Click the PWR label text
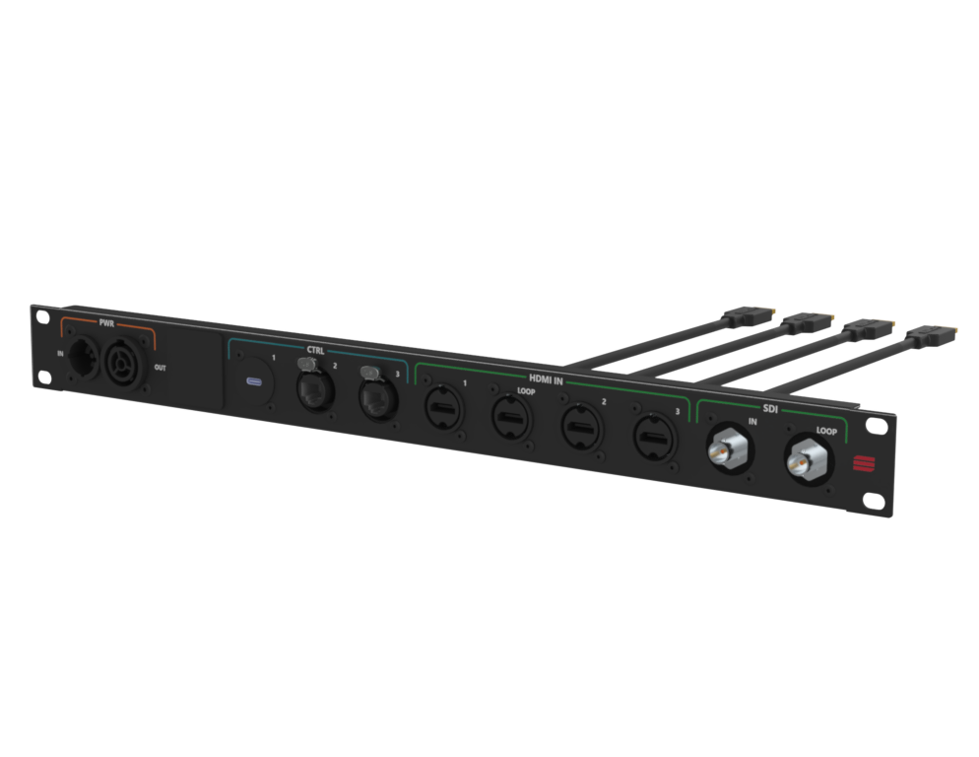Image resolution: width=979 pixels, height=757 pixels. pos(106,323)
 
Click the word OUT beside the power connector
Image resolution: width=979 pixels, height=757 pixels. pos(161,368)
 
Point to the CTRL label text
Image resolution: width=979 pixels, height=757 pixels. pos(315,350)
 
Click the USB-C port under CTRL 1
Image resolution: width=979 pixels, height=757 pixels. pos(255,381)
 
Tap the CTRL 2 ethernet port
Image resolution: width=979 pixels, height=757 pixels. pos(315,389)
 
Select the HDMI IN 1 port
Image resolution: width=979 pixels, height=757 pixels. pos(444,409)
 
